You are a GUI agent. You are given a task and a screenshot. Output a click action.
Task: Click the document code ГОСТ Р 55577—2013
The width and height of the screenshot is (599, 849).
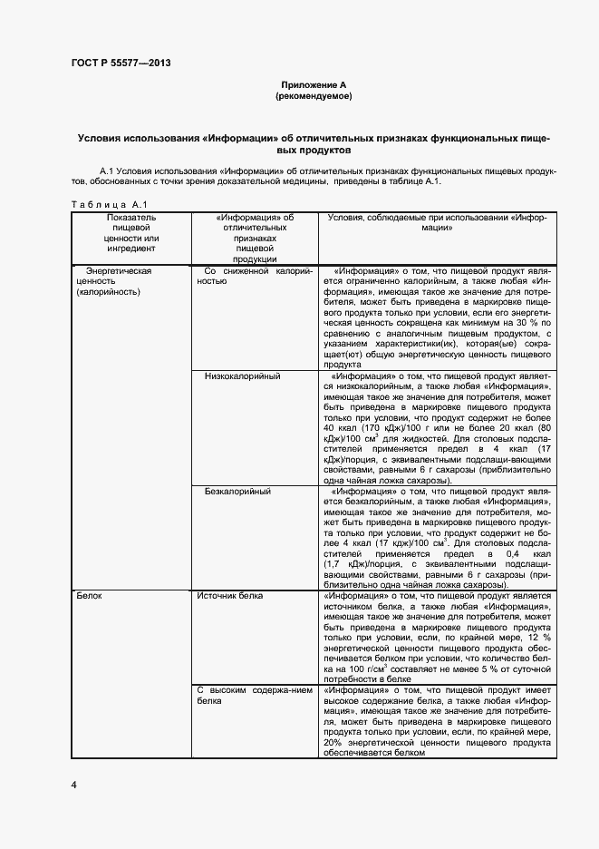click(120, 63)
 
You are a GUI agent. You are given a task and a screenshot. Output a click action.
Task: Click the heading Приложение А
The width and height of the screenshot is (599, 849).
click(313, 83)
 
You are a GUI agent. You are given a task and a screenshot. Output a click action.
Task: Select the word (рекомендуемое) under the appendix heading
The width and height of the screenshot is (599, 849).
click(313, 94)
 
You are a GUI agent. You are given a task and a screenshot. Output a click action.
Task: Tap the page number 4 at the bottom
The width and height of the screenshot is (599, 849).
click(73, 782)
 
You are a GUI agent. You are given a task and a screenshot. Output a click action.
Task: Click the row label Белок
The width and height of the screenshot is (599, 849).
click(90, 597)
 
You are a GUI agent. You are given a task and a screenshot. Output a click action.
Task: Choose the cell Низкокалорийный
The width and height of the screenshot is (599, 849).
click(242, 376)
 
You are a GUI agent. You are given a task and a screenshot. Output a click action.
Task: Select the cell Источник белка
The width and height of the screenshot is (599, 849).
click(231, 597)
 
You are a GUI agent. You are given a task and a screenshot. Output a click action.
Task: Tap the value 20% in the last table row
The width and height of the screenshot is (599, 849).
click(332, 741)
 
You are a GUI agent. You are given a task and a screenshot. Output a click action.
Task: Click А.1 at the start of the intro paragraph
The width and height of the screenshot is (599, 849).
click(105, 171)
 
